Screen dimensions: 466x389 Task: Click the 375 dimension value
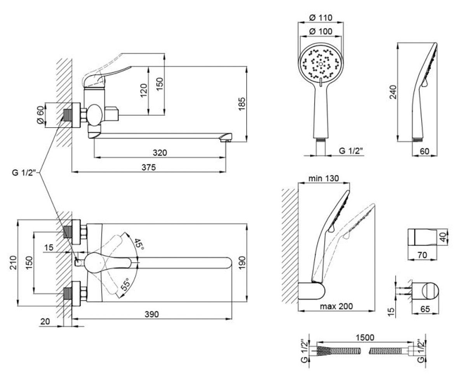pos(149,167)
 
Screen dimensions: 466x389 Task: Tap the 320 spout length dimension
pos(160,153)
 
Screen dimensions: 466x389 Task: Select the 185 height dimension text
pos(242,104)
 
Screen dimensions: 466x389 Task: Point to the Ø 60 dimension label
pos(40,115)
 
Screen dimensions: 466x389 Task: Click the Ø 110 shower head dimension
pos(321,18)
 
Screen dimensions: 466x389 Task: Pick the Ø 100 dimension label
pos(321,32)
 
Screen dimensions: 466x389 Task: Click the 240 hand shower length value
pos(393,92)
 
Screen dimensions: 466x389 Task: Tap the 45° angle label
pos(139,244)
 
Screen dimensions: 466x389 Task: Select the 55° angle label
pos(126,285)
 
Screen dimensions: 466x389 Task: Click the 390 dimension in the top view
pos(152,314)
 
